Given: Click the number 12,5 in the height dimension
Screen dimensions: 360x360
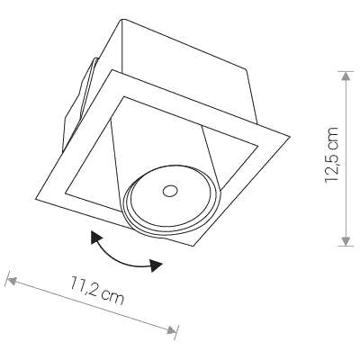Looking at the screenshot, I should pyautogui.click(x=334, y=168).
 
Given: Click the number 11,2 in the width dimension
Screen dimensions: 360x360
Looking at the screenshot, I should pyautogui.click(x=86, y=289).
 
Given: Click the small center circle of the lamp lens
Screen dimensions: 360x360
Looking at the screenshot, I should pyautogui.click(x=168, y=189).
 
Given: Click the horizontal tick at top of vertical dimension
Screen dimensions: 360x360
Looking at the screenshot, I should pyautogui.click(x=346, y=70).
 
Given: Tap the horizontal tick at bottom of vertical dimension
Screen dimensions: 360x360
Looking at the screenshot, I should pyautogui.click(x=346, y=245).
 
